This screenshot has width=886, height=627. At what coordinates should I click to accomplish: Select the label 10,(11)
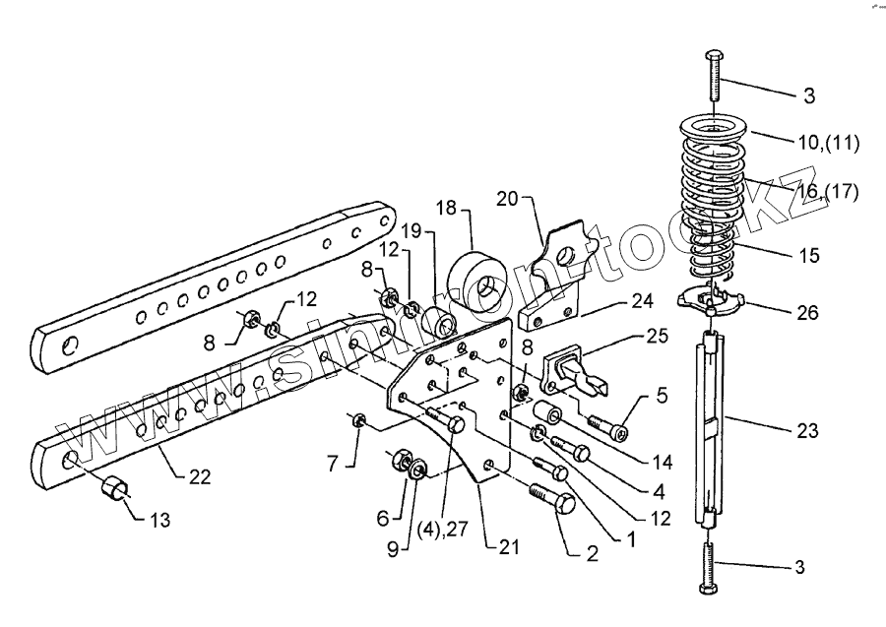pos(829,144)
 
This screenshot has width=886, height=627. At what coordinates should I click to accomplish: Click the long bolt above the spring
pos(714,76)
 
